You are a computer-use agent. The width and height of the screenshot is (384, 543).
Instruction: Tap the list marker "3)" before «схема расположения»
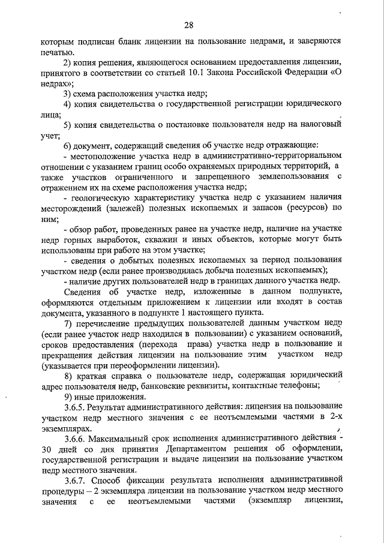(x=69, y=94)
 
